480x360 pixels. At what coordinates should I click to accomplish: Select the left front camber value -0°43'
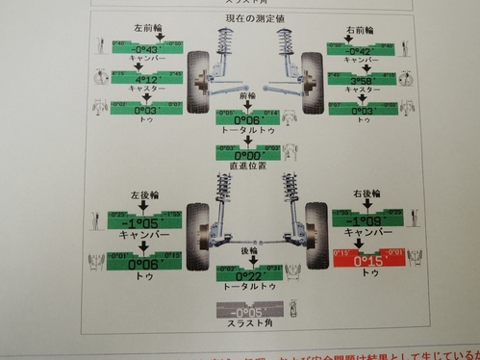tap(138, 51)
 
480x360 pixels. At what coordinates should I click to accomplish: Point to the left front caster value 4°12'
tap(138, 81)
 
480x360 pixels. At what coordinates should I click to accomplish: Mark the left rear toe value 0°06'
tap(139, 262)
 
